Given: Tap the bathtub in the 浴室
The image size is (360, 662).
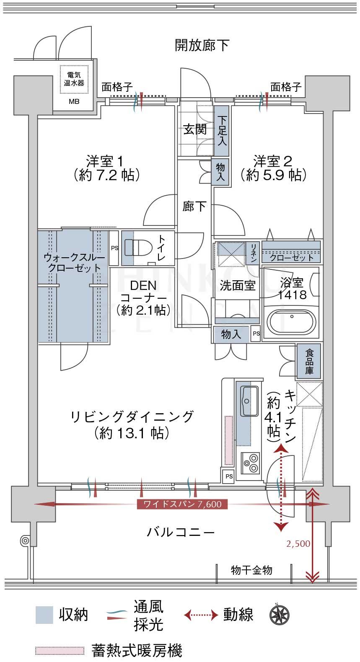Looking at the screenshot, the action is (x=291, y=323).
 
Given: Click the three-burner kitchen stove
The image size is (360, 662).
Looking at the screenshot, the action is (x=250, y=463).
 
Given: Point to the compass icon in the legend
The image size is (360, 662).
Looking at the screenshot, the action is (x=279, y=615).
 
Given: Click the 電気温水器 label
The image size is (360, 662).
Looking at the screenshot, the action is (x=74, y=79).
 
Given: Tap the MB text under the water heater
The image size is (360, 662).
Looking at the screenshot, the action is (x=74, y=102).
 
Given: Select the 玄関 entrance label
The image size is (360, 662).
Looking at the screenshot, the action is (x=195, y=129).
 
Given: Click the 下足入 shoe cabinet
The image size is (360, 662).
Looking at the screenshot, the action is (x=222, y=131).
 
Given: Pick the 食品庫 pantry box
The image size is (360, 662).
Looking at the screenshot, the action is (x=309, y=362).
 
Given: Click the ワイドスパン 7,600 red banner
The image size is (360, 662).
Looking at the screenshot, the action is (x=182, y=504).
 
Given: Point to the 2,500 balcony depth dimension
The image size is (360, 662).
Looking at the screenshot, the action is (x=298, y=543).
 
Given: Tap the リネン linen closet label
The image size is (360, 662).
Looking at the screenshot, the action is (x=254, y=253).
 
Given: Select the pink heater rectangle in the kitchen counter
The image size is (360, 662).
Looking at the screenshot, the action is (x=229, y=440).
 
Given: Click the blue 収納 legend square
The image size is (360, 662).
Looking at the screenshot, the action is (x=44, y=615).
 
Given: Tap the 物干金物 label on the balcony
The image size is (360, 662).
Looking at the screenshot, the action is (x=251, y=570).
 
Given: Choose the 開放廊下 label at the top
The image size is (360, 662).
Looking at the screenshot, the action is (x=202, y=45).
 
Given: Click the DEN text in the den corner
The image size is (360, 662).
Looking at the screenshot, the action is (x=143, y=285).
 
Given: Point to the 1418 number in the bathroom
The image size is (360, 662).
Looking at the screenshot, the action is (x=292, y=295).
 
